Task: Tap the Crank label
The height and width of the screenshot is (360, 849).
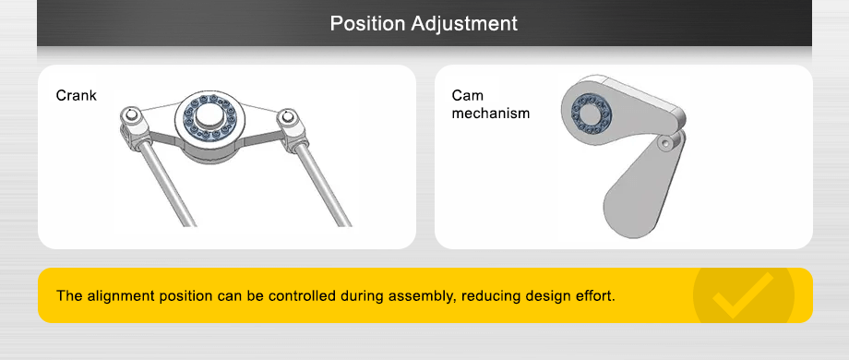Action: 76,96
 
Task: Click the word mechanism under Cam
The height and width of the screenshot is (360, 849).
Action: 491,114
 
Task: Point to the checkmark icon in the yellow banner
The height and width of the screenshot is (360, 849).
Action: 743,294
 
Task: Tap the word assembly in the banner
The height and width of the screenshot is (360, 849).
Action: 425,297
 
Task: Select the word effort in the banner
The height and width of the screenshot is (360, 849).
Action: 592,297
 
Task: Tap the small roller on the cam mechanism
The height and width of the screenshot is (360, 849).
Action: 667,143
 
